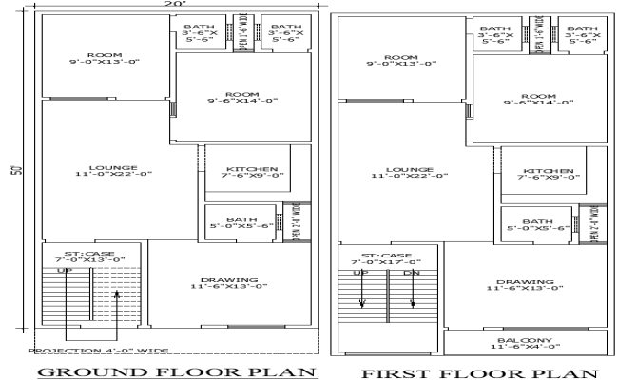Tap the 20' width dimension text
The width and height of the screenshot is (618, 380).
[168, 6]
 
